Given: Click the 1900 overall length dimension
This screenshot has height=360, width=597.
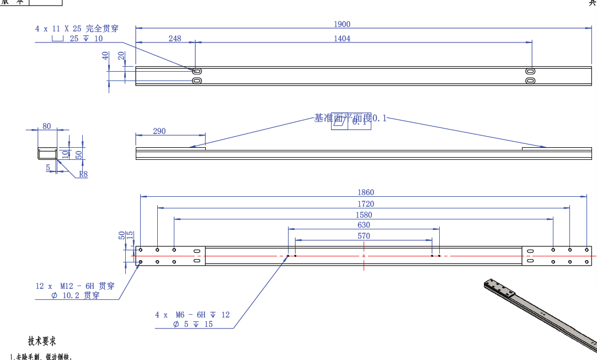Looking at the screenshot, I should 342,24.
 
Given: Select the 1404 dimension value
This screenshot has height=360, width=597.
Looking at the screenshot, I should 342,39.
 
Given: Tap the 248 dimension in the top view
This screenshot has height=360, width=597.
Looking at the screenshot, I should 175,39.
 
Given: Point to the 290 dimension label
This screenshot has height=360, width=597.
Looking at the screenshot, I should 159,131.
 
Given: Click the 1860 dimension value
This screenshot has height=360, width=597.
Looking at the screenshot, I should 365,192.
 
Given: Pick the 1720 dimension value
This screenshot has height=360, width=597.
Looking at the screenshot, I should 365,204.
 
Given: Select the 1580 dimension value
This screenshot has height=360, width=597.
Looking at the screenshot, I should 364,215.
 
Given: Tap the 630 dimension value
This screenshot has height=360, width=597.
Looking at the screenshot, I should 364,225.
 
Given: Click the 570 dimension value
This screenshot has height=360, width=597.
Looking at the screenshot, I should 364,236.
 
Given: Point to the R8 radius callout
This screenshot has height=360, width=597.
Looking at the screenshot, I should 83,174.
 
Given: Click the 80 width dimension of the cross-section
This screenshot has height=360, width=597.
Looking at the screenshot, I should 46,126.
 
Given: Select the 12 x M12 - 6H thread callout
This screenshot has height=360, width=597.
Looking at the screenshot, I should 75,286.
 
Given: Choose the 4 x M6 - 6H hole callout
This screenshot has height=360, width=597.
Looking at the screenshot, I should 192,315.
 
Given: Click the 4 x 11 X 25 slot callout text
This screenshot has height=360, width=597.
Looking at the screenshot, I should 77,28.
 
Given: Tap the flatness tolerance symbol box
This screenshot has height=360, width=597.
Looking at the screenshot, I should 351,122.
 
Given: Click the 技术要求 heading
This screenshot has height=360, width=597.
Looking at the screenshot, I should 42,341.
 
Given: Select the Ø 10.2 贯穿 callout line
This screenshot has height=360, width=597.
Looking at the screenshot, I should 75,295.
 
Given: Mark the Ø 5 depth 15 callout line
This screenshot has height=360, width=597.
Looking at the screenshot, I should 193,324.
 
